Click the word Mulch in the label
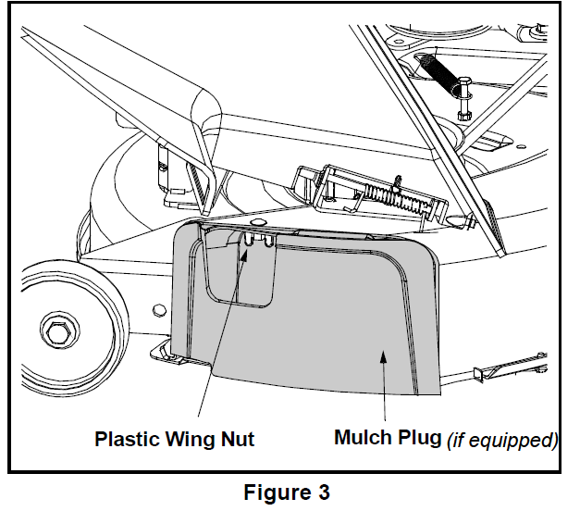pos(364,437)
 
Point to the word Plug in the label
pos(420,437)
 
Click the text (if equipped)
pos(502,439)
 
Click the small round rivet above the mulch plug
pos(256,223)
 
